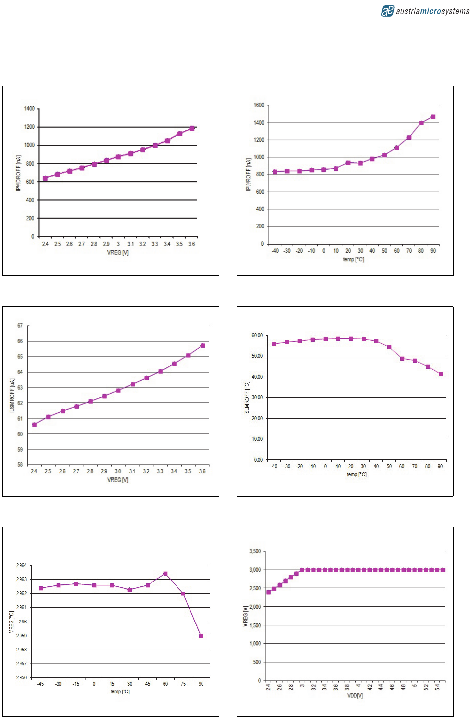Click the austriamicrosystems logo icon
pos(388,11)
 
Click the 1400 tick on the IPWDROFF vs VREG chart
pos(30,109)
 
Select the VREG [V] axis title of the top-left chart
pos(118,253)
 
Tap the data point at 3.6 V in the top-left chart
pos(192,128)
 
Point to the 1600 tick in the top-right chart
pos(259,105)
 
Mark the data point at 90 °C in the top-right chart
pos(433,117)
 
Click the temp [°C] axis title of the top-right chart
pos(353,259)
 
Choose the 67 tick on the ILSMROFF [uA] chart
pos(20,326)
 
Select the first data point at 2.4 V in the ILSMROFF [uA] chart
pos(34,425)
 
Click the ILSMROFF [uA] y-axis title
pos(12,396)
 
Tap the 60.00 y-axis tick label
pos(257,335)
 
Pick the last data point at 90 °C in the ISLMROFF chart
pos(441,374)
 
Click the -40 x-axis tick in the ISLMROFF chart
pos(274,466)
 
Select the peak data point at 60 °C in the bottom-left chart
pos(165,574)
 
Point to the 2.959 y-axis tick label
pos(21,636)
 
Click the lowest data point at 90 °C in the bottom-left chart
pos(201,636)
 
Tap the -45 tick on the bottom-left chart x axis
pos(41,684)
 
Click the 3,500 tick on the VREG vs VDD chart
pos(255,551)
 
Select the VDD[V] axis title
pos(355,696)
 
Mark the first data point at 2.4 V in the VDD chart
pos(268,592)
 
